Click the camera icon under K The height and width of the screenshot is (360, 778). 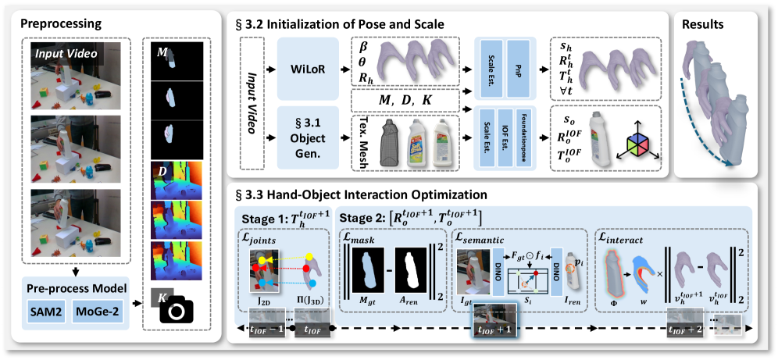[177, 312]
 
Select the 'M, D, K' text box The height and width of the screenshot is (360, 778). [405, 102]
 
